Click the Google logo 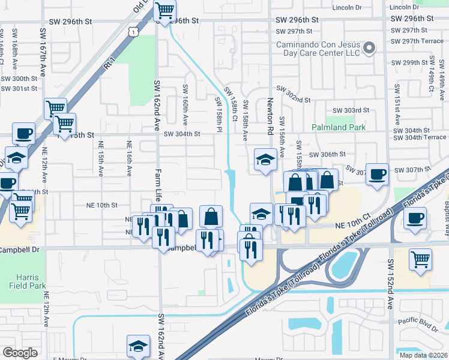pos(20,353)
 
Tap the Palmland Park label pos(339,127)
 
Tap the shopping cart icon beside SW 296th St pos(165,11)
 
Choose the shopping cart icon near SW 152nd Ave pos(421,260)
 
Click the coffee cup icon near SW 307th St pos(377,175)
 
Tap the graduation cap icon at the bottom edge pos(138,346)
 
